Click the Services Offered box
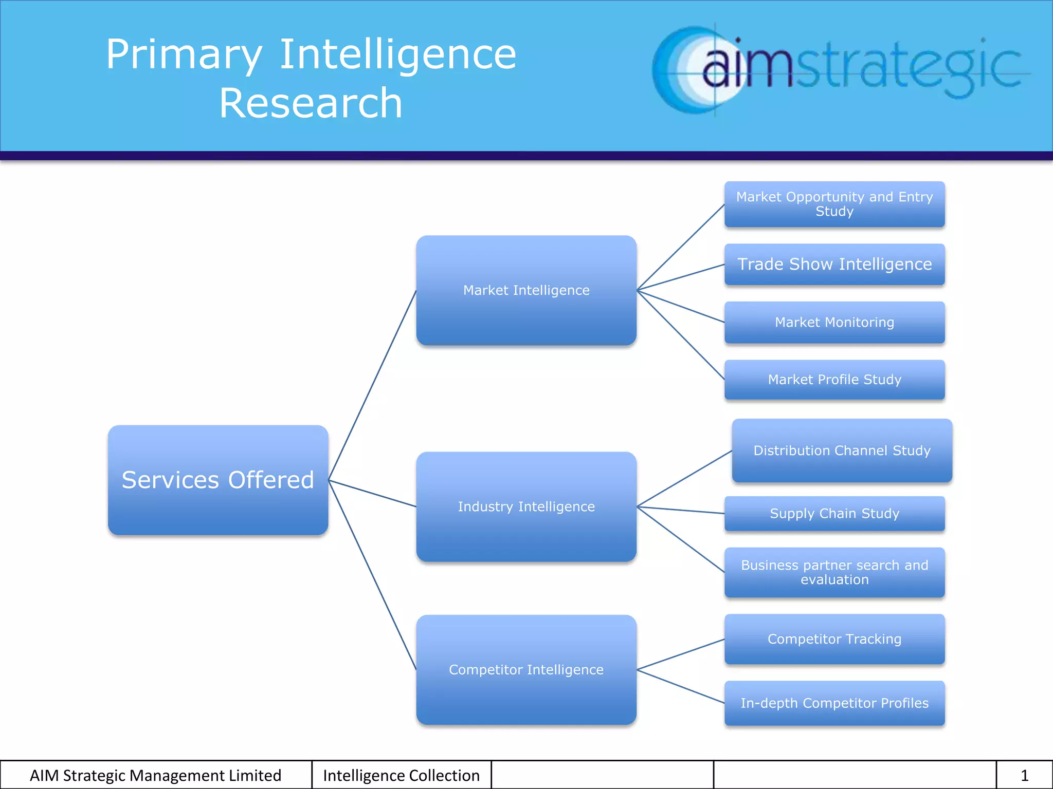(218, 480)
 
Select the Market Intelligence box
(526, 290)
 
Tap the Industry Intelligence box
(526, 506)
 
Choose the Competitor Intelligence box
(526, 669)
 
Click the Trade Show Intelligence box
(834, 264)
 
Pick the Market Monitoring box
(834, 322)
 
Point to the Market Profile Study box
(834, 380)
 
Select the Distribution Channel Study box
(842, 450)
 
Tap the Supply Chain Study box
(834, 513)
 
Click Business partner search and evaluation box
(834, 572)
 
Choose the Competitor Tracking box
(834, 639)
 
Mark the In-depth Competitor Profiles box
(834, 703)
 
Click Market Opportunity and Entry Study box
(834, 204)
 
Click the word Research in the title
(311, 103)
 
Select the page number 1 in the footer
(1024, 775)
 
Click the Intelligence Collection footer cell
(401, 775)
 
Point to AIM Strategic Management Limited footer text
(155, 775)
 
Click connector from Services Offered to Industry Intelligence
(372, 494)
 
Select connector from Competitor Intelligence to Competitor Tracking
(681, 654)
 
